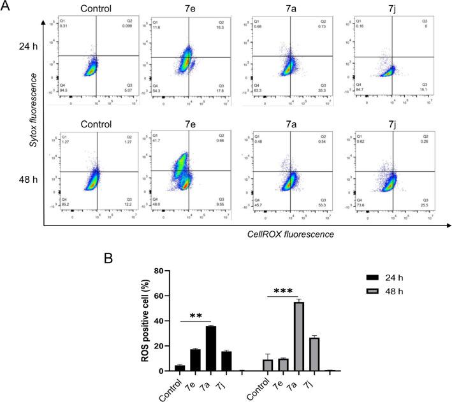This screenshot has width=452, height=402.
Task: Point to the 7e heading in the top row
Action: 185,9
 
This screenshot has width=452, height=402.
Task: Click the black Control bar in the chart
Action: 180,368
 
